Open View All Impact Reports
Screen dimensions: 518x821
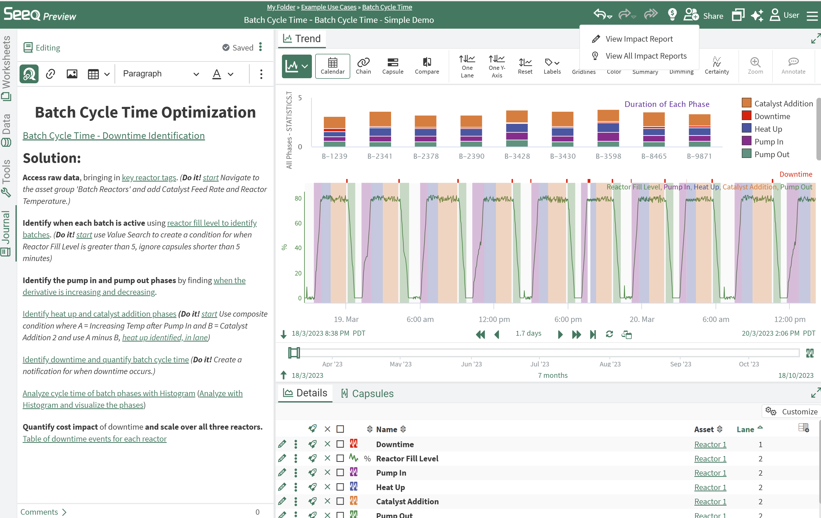pyautogui.click(x=645, y=56)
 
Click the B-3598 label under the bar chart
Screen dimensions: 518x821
pyautogui.click(x=608, y=156)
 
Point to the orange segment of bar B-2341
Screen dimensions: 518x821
pyautogui.click(x=380, y=119)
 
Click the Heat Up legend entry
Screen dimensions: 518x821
pyautogui.click(x=768, y=129)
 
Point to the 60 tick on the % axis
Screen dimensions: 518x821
pyautogui.click(x=298, y=223)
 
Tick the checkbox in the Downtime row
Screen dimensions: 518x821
pyautogui.click(x=340, y=444)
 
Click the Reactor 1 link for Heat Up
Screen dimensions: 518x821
pyautogui.click(x=710, y=487)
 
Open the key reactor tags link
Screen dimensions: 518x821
pyautogui.click(x=149, y=177)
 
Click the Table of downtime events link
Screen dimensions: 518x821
pyautogui.click(x=94, y=439)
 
